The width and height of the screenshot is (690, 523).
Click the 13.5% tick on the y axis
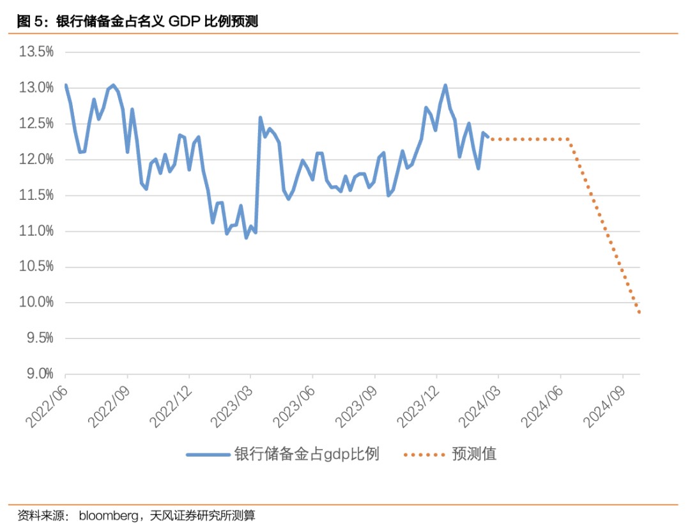[37, 52]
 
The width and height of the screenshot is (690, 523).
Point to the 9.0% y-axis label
[37, 374]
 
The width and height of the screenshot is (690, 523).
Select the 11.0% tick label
[37, 231]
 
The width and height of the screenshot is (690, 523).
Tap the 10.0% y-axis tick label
[37, 303]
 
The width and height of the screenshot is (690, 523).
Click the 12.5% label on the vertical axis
[37, 123]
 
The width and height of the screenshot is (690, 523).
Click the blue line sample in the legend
[208, 455]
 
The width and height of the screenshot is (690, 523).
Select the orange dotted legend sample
[424, 455]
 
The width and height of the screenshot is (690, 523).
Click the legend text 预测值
[474, 454]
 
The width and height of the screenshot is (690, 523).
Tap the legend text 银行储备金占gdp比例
[307, 454]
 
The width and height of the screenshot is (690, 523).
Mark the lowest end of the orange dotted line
[639, 312]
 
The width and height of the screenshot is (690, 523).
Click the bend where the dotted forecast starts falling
[568, 139]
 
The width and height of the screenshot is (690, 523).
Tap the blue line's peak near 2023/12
[445, 85]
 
